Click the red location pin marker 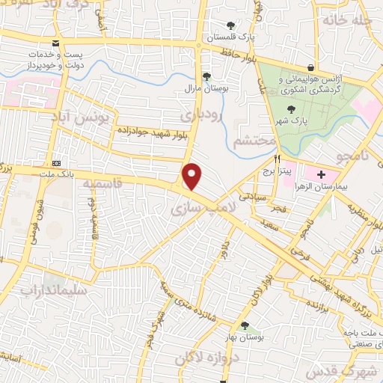pos(192,177)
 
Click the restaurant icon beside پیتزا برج pos(277,159)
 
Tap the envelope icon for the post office pos(57,43)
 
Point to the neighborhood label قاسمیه pos(96,183)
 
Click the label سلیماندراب pos(54,289)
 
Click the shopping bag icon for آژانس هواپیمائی pos(310,67)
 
